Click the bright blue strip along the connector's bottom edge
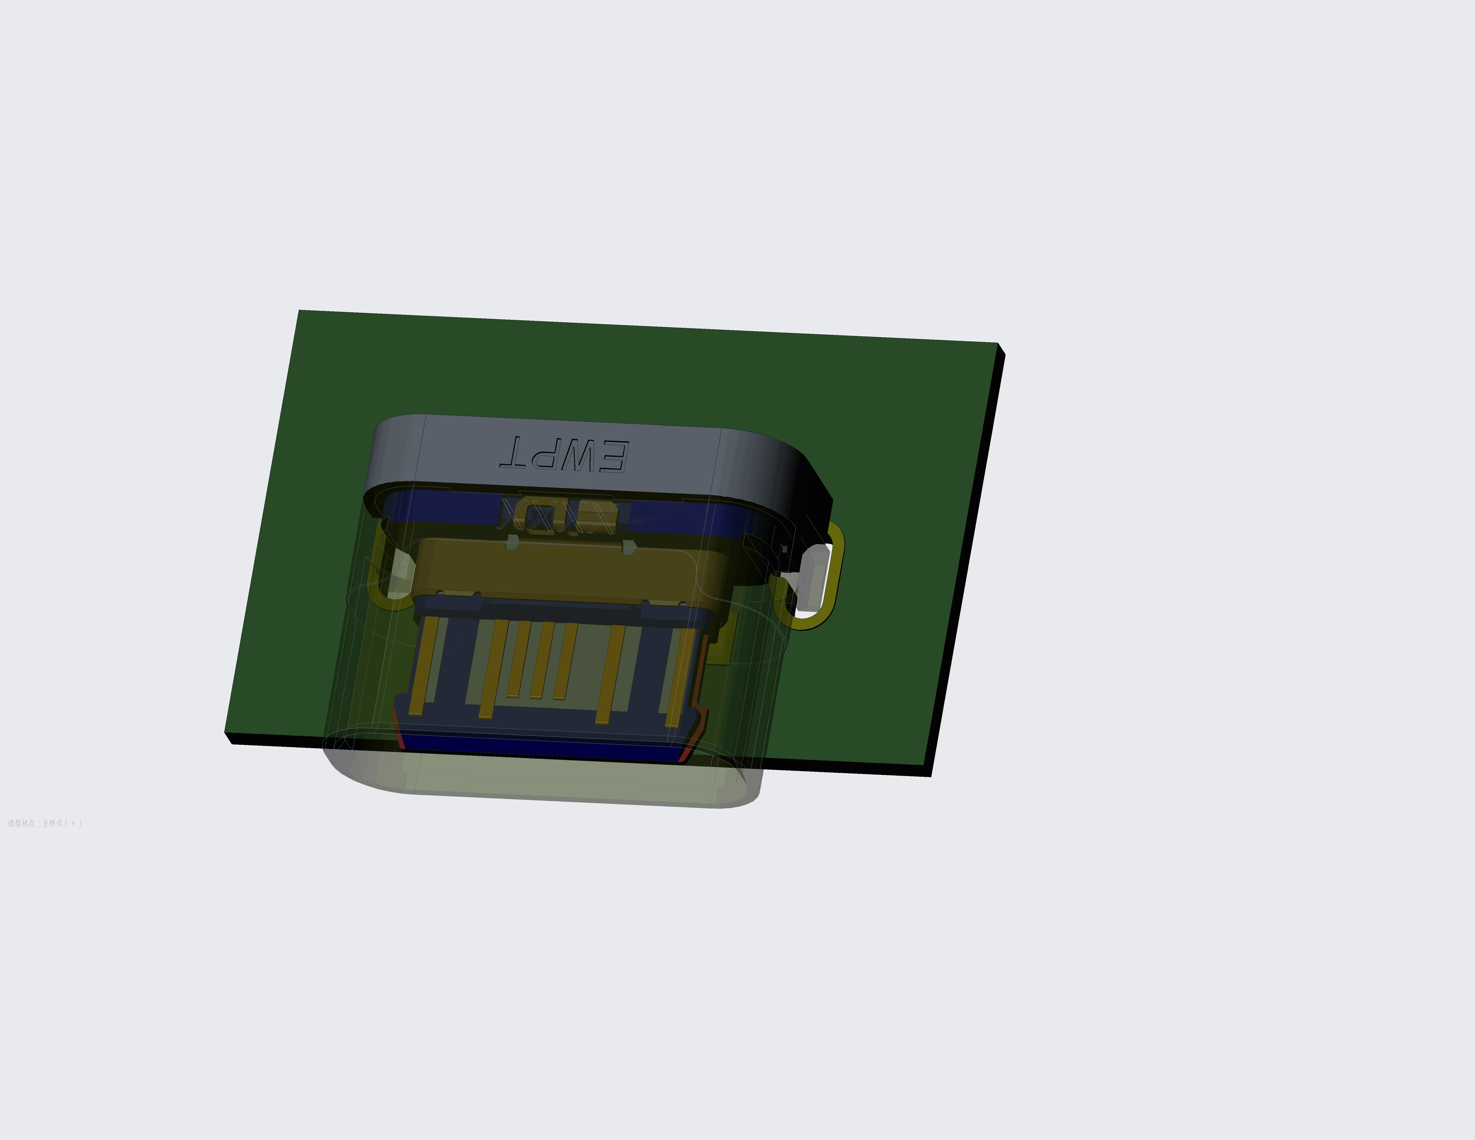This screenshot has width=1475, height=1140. click(540, 746)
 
